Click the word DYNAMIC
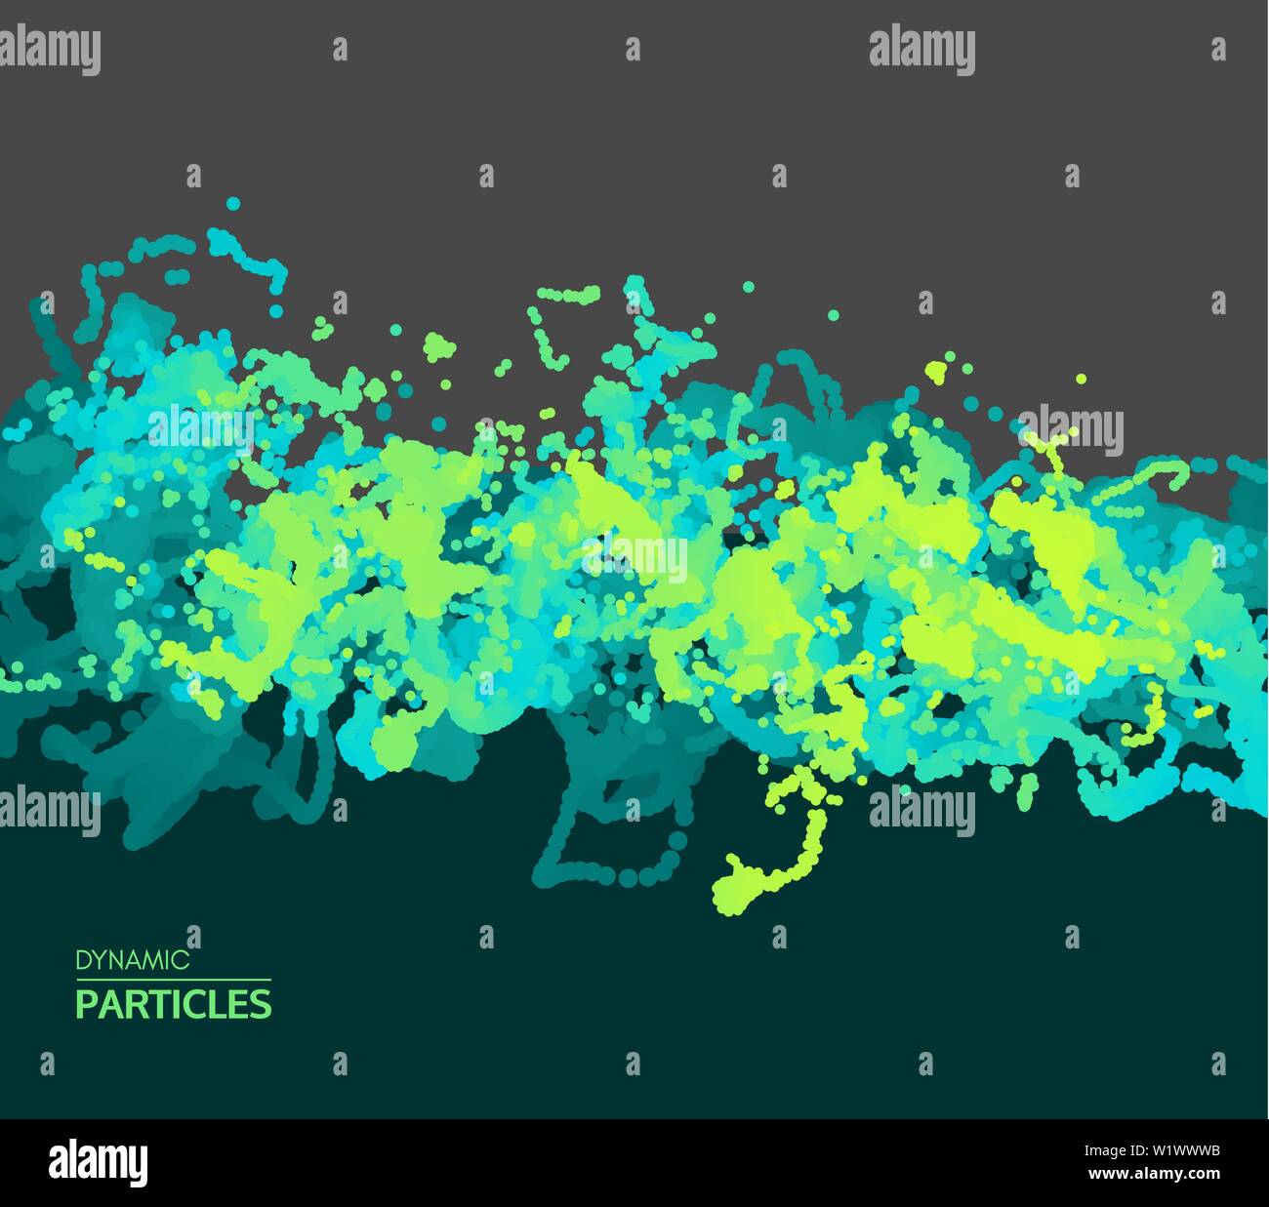pyautogui.click(x=133, y=960)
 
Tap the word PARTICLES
pyautogui.click(x=174, y=1004)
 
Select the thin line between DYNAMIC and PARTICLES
pyautogui.click(x=174, y=980)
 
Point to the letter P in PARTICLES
pyautogui.click(x=86, y=1004)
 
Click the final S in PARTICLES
pyautogui.click(x=262, y=1004)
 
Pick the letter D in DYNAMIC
pyautogui.click(x=82, y=960)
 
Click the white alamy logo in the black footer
pyautogui.click(x=98, y=1163)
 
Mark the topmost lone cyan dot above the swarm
pyautogui.click(x=232, y=204)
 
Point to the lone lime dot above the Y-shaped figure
pyautogui.click(x=1081, y=379)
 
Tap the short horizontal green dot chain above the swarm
pyautogui.click(x=569, y=294)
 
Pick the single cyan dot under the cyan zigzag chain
pyautogui.click(x=276, y=311)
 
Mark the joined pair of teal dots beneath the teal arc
pyautogui.click(x=177, y=277)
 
